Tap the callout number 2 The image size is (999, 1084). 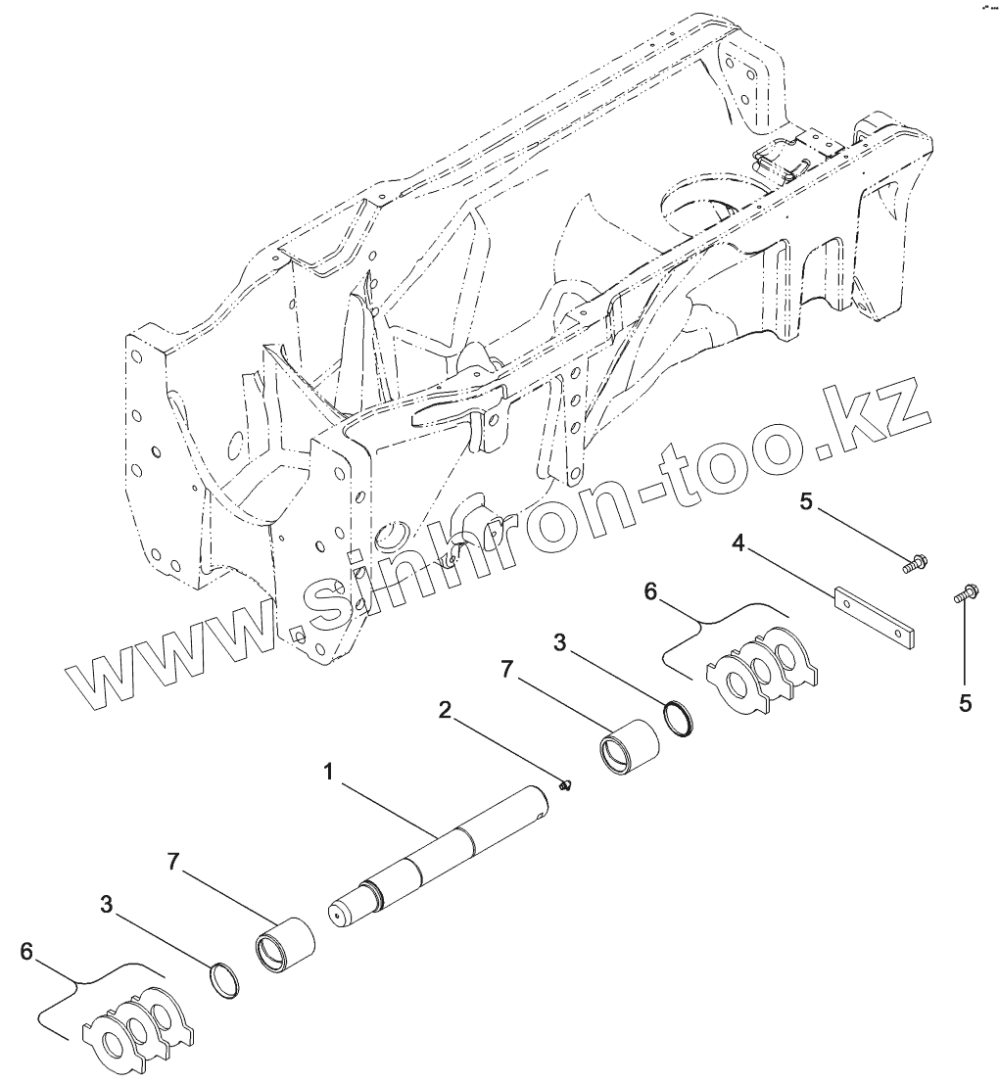pyautogui.click(x=445, y=711)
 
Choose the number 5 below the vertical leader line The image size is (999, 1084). pyautogui.click(x=966, y=702)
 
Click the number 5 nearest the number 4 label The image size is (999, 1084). pyautogui.click(x=806, y=502)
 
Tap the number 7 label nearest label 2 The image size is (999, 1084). pyautogui.click(x=506, y=670)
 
